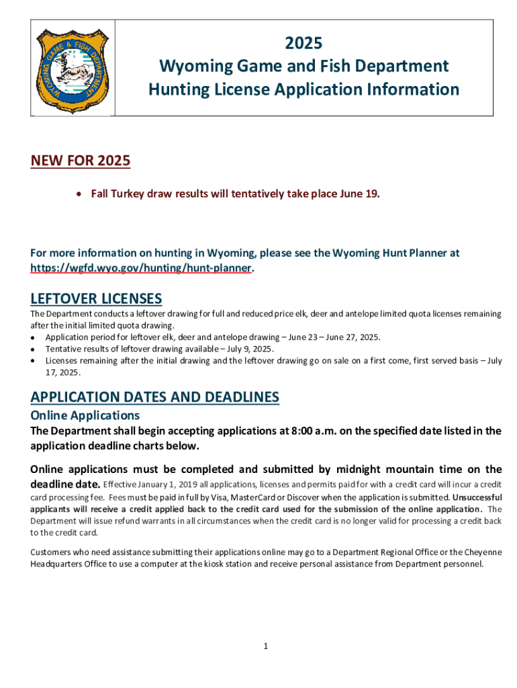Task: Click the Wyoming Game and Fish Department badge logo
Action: click(x=70, y=67)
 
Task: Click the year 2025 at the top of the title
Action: click(x=303, y=44)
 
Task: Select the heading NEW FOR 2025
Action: click(x=80, y=161)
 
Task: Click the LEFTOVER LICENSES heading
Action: click(x=96, y=298)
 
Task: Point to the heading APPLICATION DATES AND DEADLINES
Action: click(x=154, y=397)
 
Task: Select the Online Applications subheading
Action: click(x=85, y=415)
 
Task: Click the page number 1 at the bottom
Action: click(x=266, y=646)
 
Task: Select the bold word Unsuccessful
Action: click(x=477, y=497)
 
